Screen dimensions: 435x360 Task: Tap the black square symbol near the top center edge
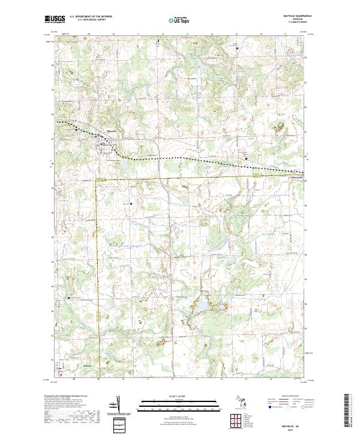tap(158, 41)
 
